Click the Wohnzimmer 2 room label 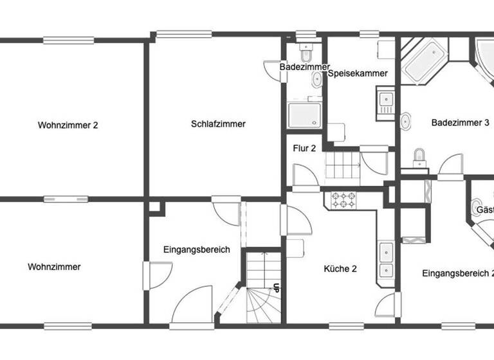point(68,125)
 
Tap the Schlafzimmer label point(218,124)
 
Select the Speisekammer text point(358,73)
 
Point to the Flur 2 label point(304,148)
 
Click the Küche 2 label point(340,269)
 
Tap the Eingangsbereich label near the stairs point(196,250)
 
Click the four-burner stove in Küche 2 point(344,200)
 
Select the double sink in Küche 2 point(386,260)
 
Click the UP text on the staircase point(276,289)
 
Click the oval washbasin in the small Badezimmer point(317,79)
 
